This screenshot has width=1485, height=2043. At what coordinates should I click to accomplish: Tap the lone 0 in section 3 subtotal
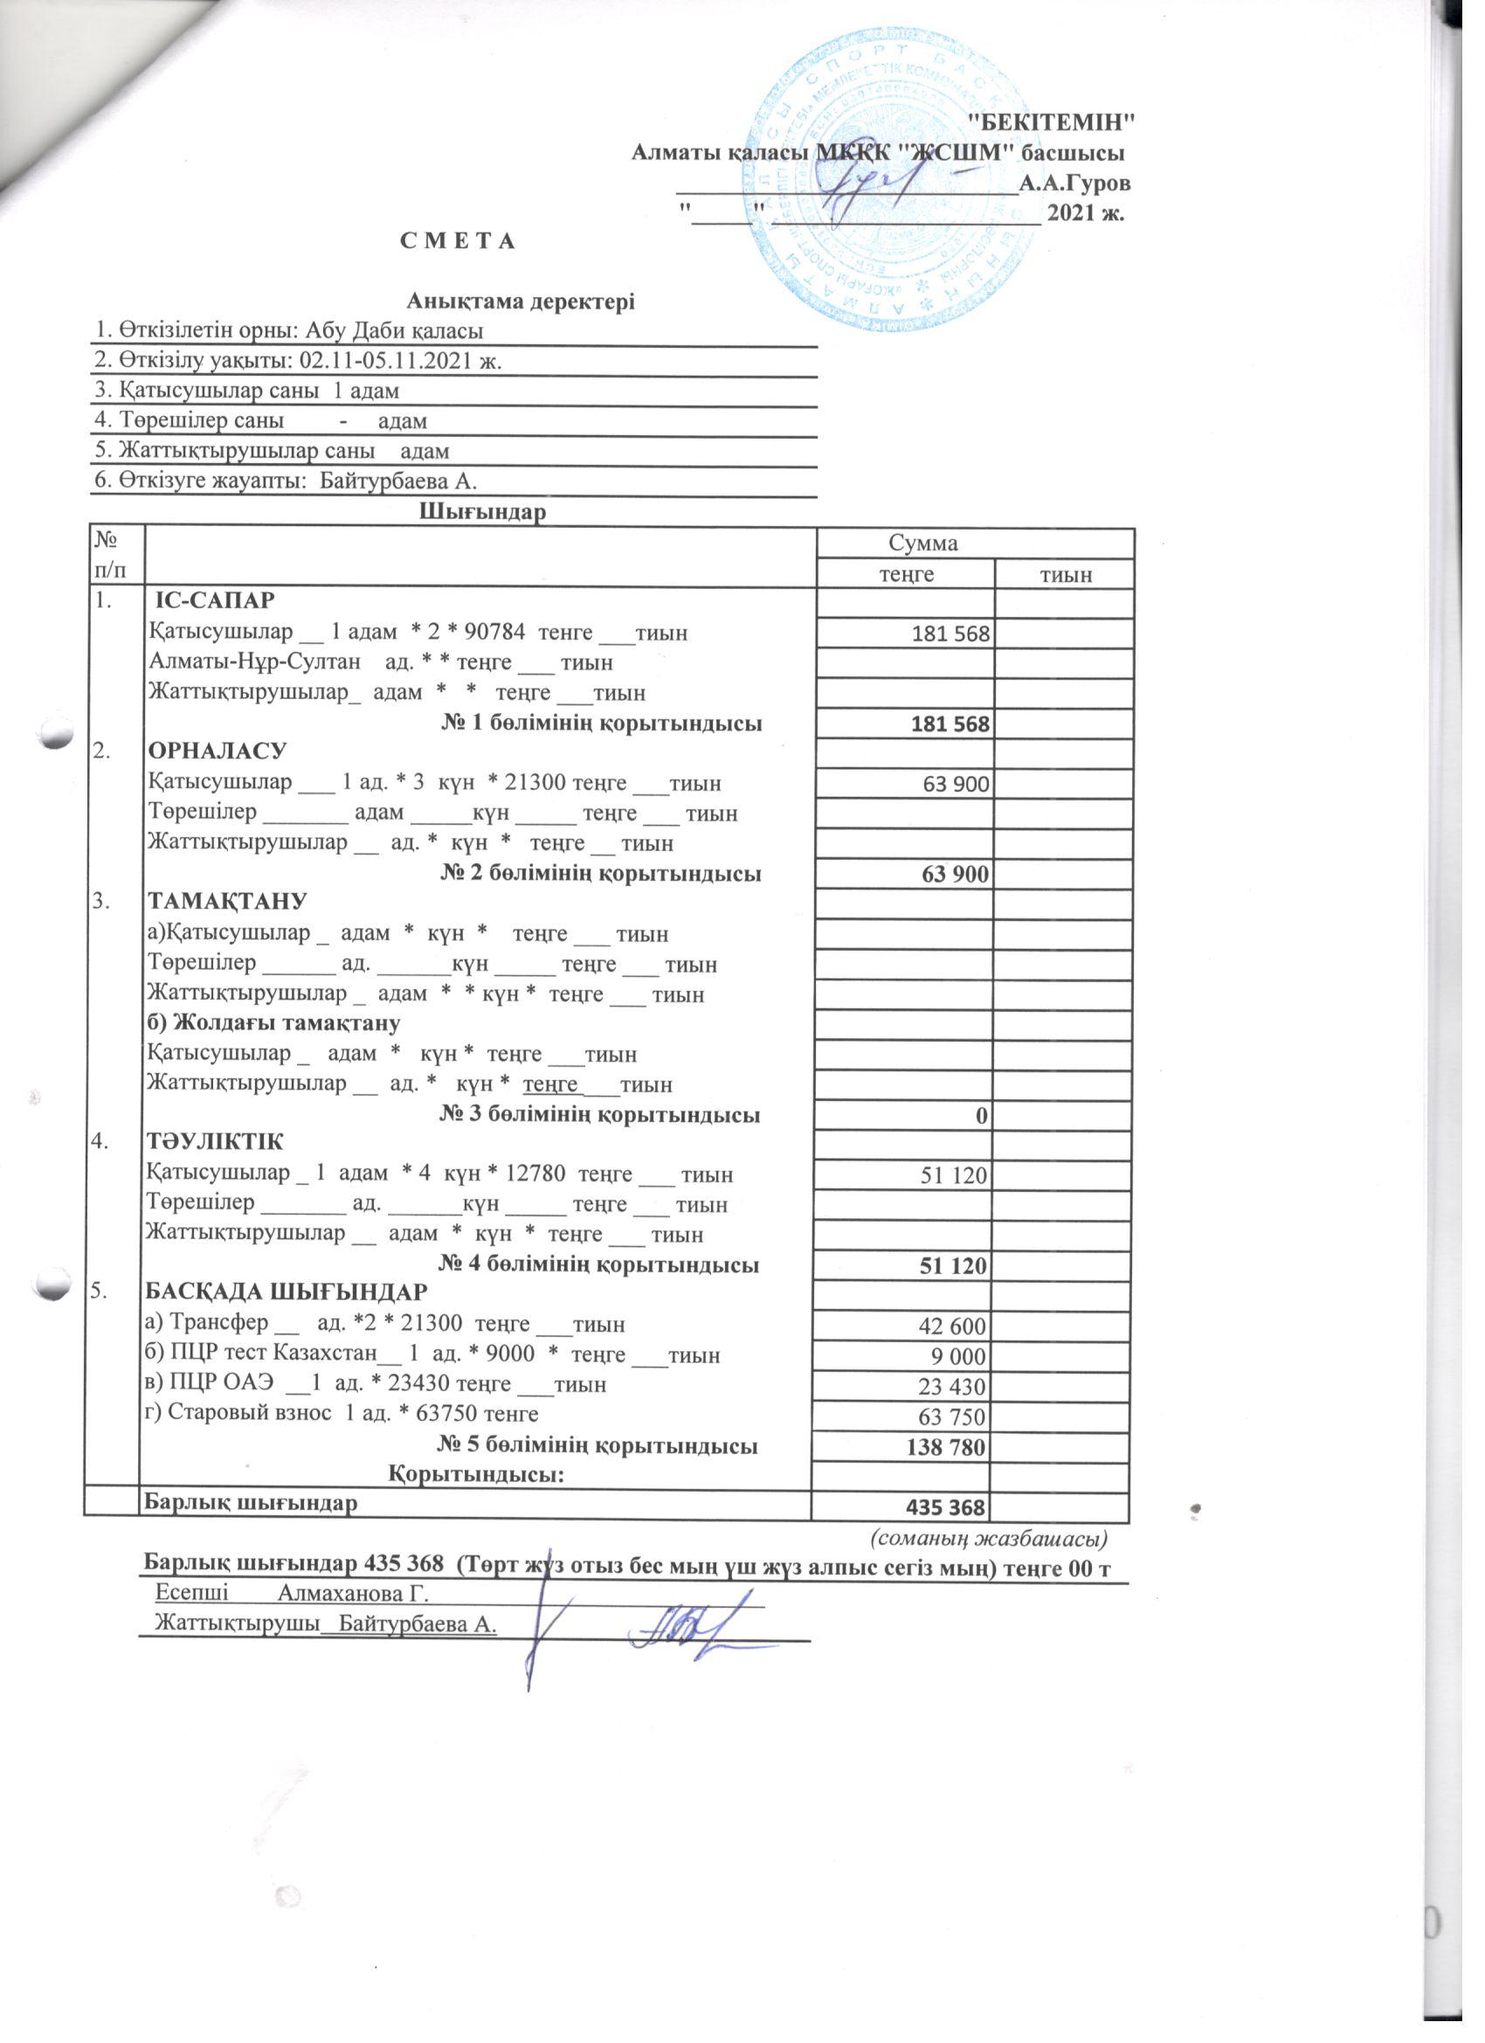click(983, 1115)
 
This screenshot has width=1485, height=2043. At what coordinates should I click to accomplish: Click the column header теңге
click(905, 574)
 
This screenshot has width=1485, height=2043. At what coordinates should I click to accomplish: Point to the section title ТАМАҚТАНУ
click(227, 901)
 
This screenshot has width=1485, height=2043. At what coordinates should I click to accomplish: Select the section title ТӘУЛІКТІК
click(215, 1142)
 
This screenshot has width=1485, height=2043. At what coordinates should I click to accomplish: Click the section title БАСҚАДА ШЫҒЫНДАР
click(287, 1292)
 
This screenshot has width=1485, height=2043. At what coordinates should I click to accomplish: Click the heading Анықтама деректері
click(521, 301)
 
